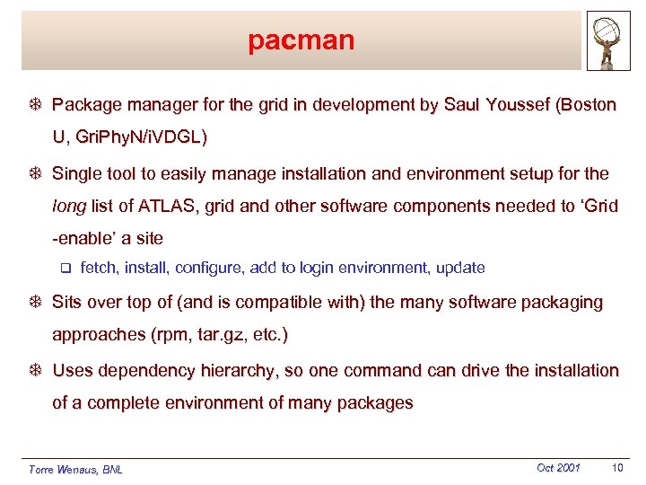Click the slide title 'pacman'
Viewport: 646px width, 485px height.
[x=301, y=40]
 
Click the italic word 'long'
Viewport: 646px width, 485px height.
[x=69, y=206]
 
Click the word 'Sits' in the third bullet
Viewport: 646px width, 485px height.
[x=69, y=302]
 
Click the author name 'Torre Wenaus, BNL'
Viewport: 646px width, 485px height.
[x=75, y=470]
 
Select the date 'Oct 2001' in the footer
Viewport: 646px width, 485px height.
[x=558, y=468]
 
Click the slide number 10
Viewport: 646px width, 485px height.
[x=616, y=468]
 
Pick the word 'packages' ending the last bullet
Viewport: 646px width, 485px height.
[x=375, y=403]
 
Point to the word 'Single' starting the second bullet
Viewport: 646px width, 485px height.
[x=77, y=173]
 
